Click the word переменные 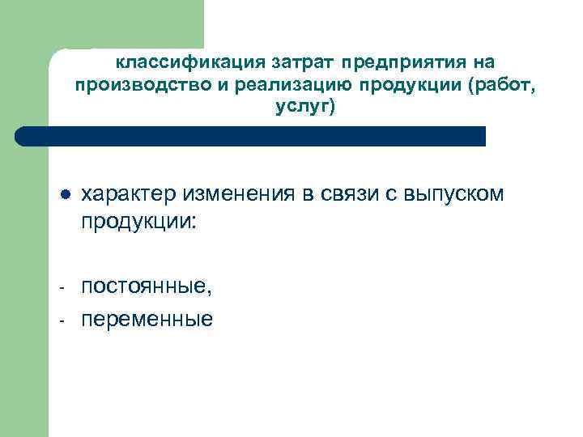pyautogui.click(x=147, y=320)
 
